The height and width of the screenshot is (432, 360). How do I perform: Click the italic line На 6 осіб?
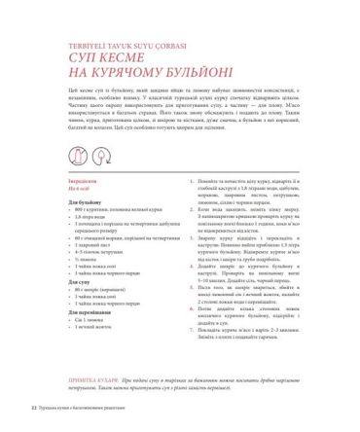tap(53, 190)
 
